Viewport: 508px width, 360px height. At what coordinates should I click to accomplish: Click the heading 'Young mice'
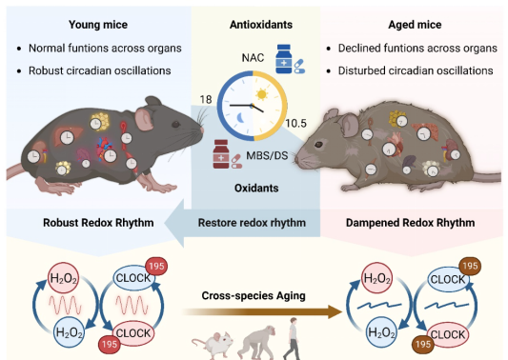pos(98,25)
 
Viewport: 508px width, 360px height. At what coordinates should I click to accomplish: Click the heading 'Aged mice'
pos(415,25)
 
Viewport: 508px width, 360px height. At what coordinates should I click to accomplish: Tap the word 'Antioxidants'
pos(261,25)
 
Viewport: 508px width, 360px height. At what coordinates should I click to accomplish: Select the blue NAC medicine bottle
pos(283,59)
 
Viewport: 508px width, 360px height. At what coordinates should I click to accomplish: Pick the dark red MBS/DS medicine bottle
pos(221,154)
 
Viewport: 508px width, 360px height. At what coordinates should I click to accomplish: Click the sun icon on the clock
pos(262,94)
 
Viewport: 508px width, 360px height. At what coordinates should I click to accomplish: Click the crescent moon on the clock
pos(240,118)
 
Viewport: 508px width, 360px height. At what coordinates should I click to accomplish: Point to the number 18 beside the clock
pos(206,99)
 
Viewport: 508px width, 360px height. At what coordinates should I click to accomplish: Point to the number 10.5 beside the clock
pos(295,124)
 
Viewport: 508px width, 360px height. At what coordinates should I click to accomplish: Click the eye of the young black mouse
pos(176,124)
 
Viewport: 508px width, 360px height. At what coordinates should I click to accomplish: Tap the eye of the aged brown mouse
pos(317,145)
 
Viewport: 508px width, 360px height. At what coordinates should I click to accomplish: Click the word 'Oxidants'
pos(256,188)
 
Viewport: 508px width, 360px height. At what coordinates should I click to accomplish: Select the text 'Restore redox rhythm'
pos(252,223)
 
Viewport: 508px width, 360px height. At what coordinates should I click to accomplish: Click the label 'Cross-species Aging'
pos(254,295)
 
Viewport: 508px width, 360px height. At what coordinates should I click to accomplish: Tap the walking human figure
pos(292,338)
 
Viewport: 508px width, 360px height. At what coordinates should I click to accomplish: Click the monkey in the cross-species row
pos(256,342)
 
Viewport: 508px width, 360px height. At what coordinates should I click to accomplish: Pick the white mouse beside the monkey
pos(213,345)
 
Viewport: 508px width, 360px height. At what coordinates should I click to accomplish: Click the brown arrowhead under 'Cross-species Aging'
pos(335,311)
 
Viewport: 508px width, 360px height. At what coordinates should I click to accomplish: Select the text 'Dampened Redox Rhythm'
pos(410,223)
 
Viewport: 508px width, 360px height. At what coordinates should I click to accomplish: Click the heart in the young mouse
pos(104,148)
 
